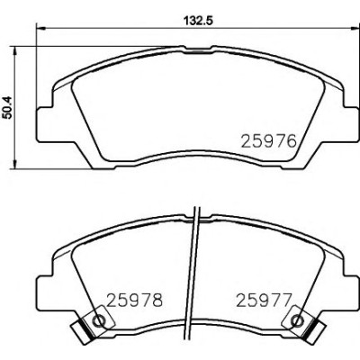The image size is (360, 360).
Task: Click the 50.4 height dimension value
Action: (7, 107)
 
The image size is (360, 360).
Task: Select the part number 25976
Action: (269, 141)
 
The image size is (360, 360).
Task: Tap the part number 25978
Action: (135, 301)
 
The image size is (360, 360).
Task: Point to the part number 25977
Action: (264, 301)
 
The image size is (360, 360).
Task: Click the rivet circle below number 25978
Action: (99, 320)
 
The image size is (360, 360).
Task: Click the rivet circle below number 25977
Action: (297, 320)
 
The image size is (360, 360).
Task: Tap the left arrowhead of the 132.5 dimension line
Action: (40, 29)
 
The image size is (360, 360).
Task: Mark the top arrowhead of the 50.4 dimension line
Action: (14, 51)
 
